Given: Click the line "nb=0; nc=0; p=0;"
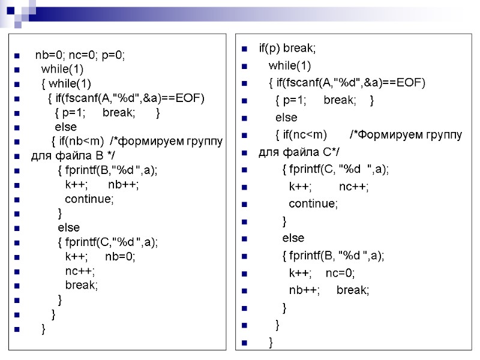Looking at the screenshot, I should click(x=80, y=55).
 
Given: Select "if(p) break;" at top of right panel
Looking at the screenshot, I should click(x=287, y=48).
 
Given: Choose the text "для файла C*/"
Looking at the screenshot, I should click(x=290, y=152).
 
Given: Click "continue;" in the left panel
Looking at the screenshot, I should click(x=89, y=199).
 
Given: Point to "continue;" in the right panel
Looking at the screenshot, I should click(x=313, y=203).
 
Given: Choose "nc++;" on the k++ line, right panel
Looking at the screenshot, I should click(x=354, y=187).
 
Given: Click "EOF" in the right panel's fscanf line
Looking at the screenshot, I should click(x=411, y=83).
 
